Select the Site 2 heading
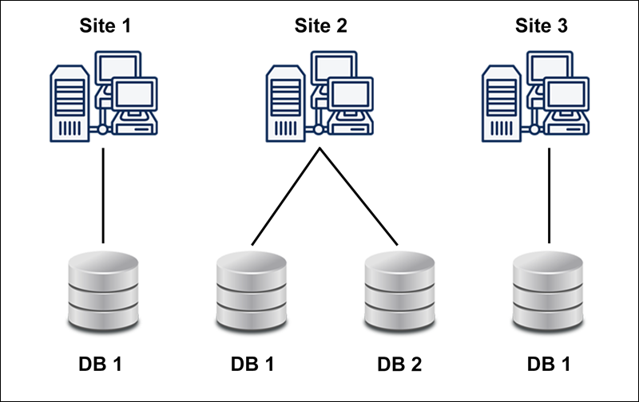[320, 26]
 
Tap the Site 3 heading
[541, 26]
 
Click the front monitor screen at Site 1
[134, 93]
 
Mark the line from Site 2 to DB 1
[286, 195]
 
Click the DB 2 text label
[399, 365]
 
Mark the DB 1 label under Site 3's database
[550, 365]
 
